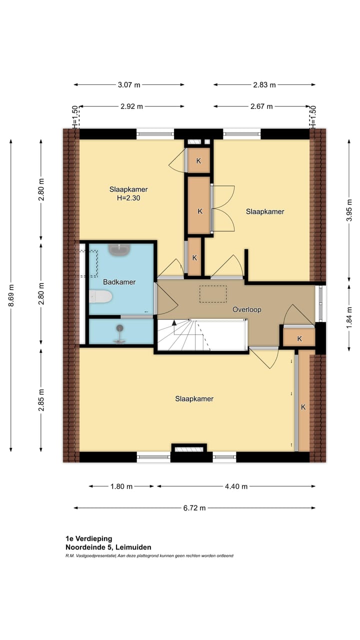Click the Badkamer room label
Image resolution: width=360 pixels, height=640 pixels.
(119, 282)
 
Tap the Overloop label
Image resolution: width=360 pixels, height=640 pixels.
(247, 309)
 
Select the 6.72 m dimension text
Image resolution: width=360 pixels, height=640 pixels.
(194, 508)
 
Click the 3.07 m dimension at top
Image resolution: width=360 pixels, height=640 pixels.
(129, 85)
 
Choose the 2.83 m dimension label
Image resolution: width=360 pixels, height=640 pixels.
(264, 85)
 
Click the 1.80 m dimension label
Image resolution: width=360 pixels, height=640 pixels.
(121, 486)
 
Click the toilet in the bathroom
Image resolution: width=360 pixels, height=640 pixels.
(100, 297)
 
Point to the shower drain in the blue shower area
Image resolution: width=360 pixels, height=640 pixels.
(120, 328)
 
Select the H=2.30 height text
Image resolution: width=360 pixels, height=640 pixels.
(128, 198)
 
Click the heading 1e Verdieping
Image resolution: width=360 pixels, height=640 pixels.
(89, 539)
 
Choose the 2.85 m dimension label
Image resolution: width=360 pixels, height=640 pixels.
(41, 400)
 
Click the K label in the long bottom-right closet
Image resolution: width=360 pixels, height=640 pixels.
(303, 407)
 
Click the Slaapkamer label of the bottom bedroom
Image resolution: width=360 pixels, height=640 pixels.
(194, 399)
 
